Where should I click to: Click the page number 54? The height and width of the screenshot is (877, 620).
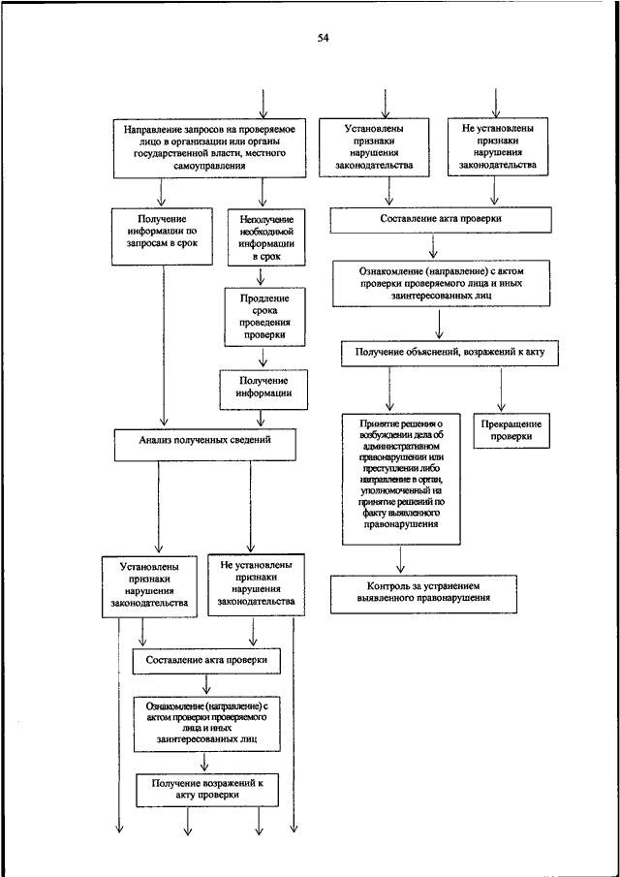[323, 38]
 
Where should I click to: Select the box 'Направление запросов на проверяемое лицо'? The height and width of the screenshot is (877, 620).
[209, 147]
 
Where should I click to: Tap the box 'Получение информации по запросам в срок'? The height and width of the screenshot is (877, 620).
[162, 236]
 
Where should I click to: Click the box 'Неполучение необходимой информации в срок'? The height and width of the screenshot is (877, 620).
[266, 237]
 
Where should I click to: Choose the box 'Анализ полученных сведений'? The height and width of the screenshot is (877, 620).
[205, 445]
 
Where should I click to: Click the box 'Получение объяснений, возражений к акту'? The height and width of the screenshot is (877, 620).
[449, 354]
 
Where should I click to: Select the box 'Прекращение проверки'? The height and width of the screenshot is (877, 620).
[511, 431]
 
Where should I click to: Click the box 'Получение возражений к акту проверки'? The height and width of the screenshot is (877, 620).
[207, 791]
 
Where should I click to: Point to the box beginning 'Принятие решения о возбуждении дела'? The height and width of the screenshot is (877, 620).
[401, 480]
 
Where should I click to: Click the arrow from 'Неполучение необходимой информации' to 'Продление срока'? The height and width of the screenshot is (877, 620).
[261, 276]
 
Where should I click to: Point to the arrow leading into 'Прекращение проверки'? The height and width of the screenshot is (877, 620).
[502, 390]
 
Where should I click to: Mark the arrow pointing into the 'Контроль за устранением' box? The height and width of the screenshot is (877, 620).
[401, 560]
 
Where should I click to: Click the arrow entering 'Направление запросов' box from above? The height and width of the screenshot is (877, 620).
[263, 104]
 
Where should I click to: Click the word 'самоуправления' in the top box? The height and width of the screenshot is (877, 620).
[209, 166]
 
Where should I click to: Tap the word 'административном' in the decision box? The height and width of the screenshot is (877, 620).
[401, 447]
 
